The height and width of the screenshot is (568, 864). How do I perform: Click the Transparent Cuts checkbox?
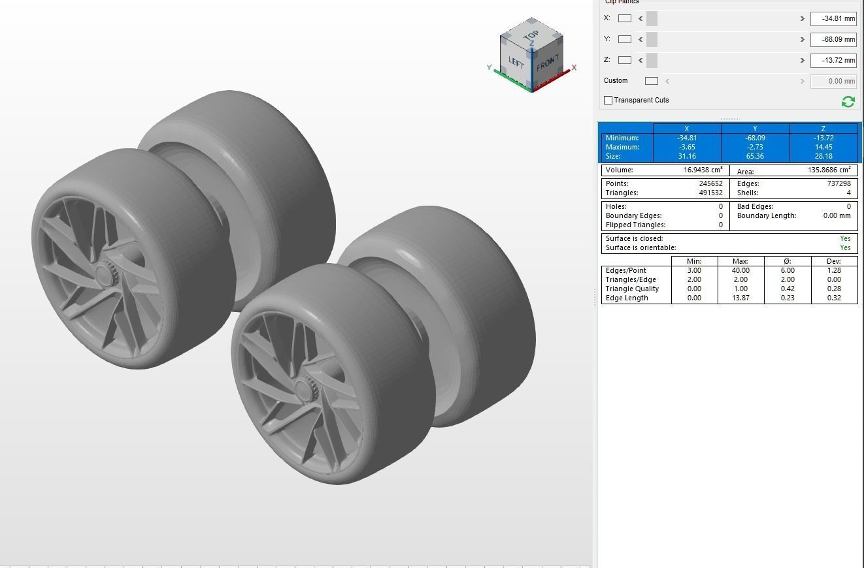tap(608, 100)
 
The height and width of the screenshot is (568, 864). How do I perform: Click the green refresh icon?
tap(848, 101)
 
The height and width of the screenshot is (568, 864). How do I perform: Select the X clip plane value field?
tap(833, 19)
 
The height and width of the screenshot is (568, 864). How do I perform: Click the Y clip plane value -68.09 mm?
tap(833, 40)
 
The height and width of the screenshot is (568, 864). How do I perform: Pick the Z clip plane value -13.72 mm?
tap(833, 61)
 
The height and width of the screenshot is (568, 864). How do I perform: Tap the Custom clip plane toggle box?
tap(651, 81)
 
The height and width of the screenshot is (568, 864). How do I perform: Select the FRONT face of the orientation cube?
tap(547, 65)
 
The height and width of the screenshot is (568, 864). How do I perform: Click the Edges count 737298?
tap(839, 183)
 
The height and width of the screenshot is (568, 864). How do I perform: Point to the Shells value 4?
tap(848, 193)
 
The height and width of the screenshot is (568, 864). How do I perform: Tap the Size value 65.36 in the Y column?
tap(755, 156)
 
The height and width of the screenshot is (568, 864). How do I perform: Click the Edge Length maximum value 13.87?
tap(740, 298)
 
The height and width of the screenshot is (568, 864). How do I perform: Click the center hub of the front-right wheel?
tap(304, 390)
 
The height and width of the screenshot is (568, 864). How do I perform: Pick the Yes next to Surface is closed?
tap(845, 238)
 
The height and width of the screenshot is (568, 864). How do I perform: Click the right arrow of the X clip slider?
tap(802, 19)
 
